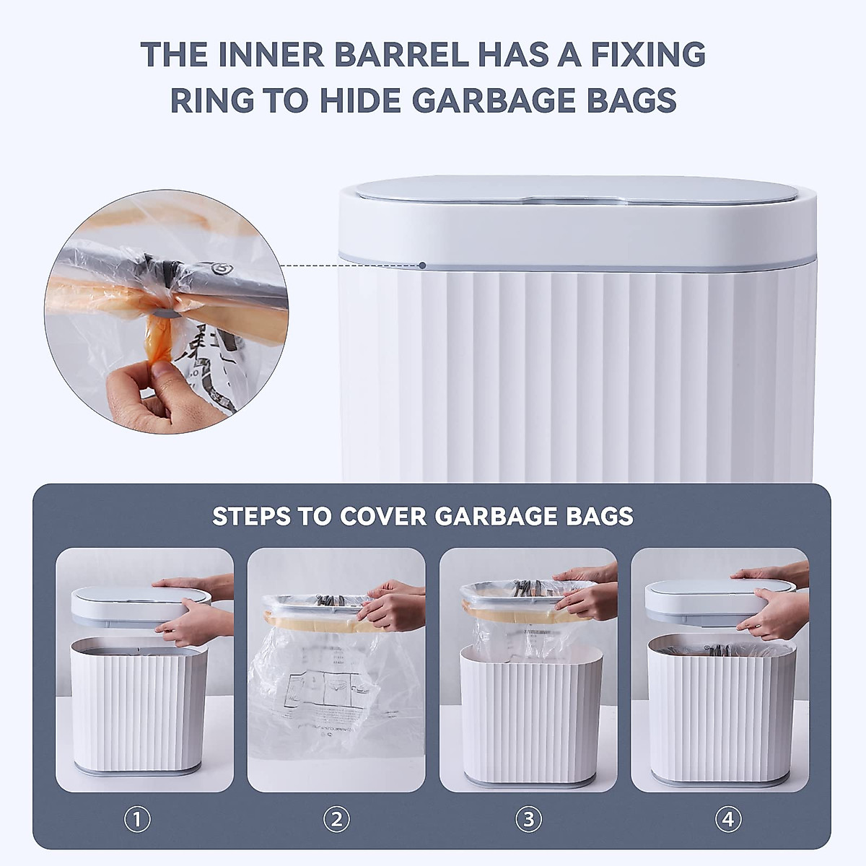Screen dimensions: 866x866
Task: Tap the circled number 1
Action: (137, 820)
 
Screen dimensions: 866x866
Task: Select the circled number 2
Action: (336, 820)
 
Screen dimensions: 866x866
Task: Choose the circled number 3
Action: (528, 820)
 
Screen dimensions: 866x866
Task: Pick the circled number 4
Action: (727, 820)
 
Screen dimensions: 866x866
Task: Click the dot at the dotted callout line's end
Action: (423, 266)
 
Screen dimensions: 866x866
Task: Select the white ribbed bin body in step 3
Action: (530, 714)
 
